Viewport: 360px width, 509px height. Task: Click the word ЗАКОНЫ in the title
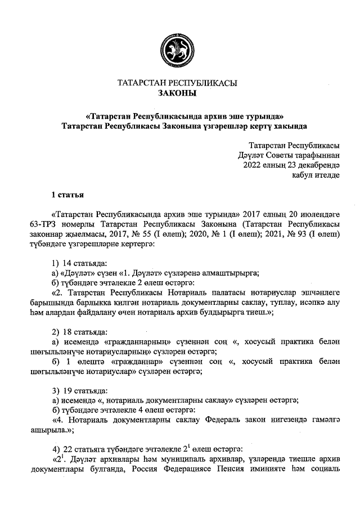[x=177, y=93]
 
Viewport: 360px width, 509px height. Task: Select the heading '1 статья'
[x=67, y=195]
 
